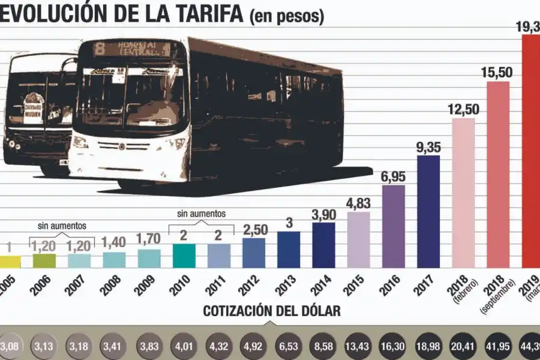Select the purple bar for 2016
click(x=394, y=226)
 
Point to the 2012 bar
click(x=254, y=253)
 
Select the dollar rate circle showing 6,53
click(x=289, y=347)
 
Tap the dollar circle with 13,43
click(x=358, y=347)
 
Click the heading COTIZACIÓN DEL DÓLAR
click(x=272, y=311)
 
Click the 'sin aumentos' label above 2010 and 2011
click(x=201, y=213)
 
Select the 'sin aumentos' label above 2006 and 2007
click(x=62, y=226)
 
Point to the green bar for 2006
click(x=44, y=260)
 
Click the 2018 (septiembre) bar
click(x=498, y=174)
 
